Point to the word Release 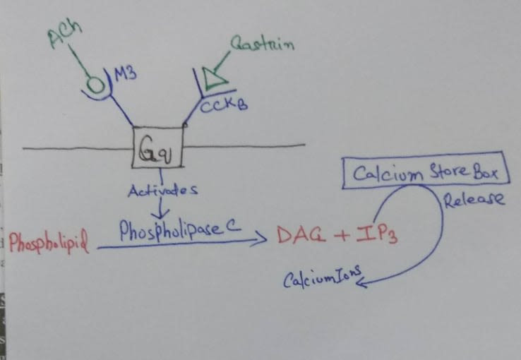(x=474, y=200)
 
